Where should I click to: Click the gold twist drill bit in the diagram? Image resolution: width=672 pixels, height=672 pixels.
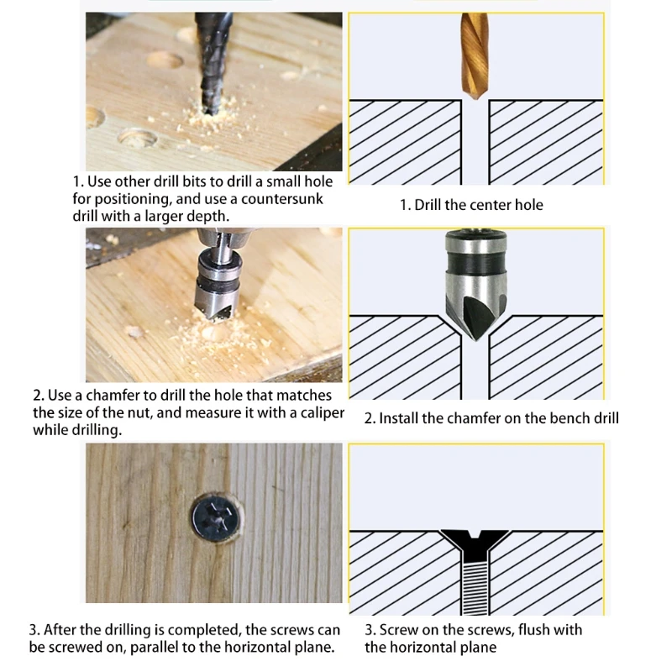[475, 55]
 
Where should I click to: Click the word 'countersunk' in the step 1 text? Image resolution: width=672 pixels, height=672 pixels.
[282, 199]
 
